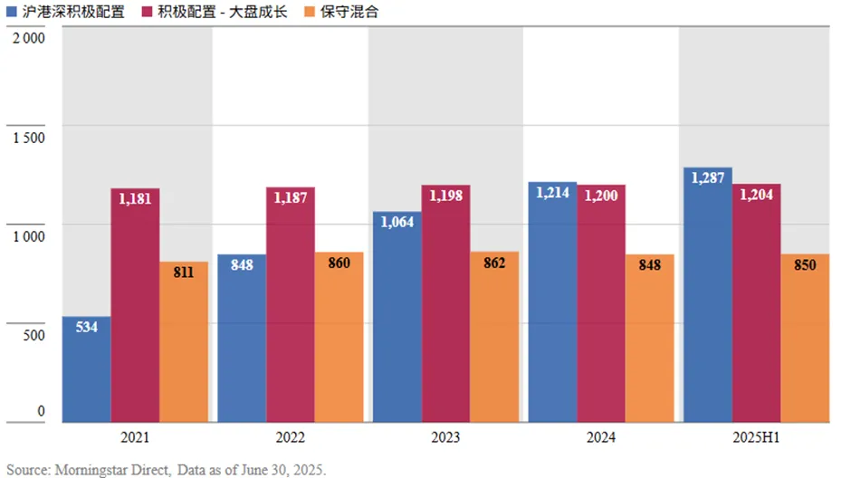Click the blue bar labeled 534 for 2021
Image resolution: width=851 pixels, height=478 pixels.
tap(86, 371)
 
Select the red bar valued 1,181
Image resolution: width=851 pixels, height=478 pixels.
tap(135, 308)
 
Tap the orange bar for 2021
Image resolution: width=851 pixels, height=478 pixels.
tap(184, 344)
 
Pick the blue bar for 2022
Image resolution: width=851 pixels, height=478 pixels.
tap(242, 339)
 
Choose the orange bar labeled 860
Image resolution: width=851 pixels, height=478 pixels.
tap(339, 339)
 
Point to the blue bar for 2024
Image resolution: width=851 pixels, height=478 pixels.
tap(552, 303)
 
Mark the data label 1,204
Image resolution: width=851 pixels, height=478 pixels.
tap(756, 195)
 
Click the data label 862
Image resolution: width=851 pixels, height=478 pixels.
tap(494, 263)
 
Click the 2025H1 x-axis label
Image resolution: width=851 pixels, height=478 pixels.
tap(755, 437)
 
